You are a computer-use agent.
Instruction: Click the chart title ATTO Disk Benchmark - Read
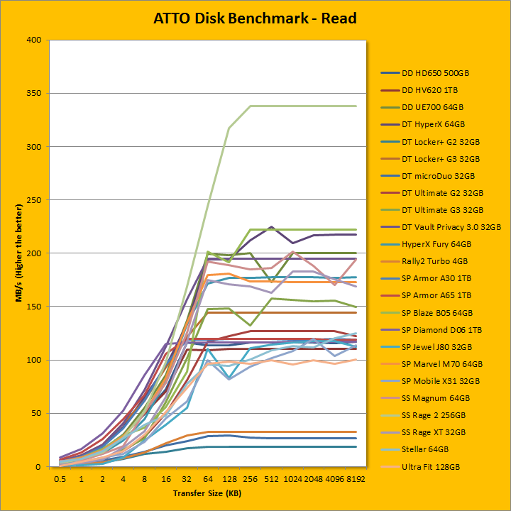click(x=255, y=18)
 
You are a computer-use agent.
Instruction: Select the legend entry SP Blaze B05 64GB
click(x=436, y=312)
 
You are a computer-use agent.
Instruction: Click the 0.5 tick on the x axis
click(x=61, y=478)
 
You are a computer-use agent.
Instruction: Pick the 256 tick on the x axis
click(x=251, y=478)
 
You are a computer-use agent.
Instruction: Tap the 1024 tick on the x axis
click(x=292, y=478)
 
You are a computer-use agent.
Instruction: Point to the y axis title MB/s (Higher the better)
click(x=19, y=253)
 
